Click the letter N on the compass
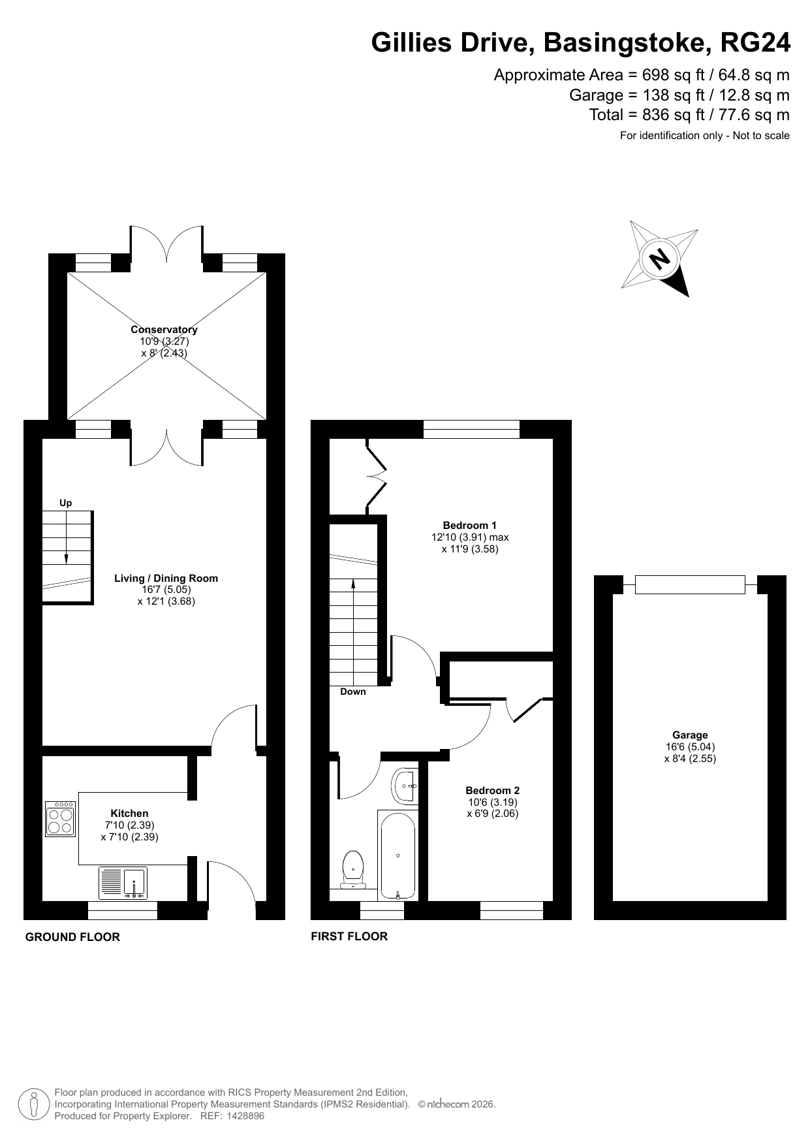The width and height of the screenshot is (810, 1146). [x=661, y=259]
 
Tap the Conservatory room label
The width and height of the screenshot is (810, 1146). [x=164, y=330]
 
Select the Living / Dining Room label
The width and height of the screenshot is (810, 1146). [x=166, y=578]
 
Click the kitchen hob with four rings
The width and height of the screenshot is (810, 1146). [x=61, y=819]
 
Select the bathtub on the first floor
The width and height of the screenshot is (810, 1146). [x=397, y=855]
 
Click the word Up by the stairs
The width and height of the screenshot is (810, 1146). [x=66, y=503]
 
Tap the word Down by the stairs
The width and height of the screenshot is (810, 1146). [x=353, y=692]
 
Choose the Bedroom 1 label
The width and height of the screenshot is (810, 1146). [x=470, y=525]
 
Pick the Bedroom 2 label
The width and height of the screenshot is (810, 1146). [x=493, y=790]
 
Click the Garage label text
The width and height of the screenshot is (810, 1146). [x=690, y=735]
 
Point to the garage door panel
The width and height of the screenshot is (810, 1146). [x=690, y=584]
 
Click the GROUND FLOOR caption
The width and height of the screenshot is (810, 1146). [x=72, y=937]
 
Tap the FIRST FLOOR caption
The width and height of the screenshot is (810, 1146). [x=349, y=936]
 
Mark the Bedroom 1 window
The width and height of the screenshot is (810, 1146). [x=471, y=429]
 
